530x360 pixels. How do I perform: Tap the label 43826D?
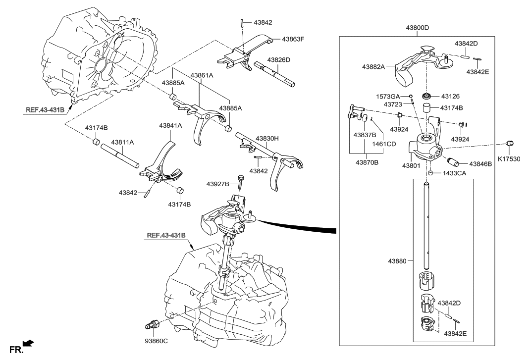[279, 59]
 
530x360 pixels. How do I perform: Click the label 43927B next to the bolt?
[218, 184]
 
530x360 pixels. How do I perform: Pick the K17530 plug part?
[509, 144]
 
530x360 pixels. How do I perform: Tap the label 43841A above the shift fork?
[171, 126]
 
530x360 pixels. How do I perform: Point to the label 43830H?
[267, 139]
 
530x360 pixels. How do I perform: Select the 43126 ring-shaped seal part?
[425, 96]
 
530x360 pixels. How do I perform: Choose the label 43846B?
[480, 163]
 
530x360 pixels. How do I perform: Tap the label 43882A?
[374, 66]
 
